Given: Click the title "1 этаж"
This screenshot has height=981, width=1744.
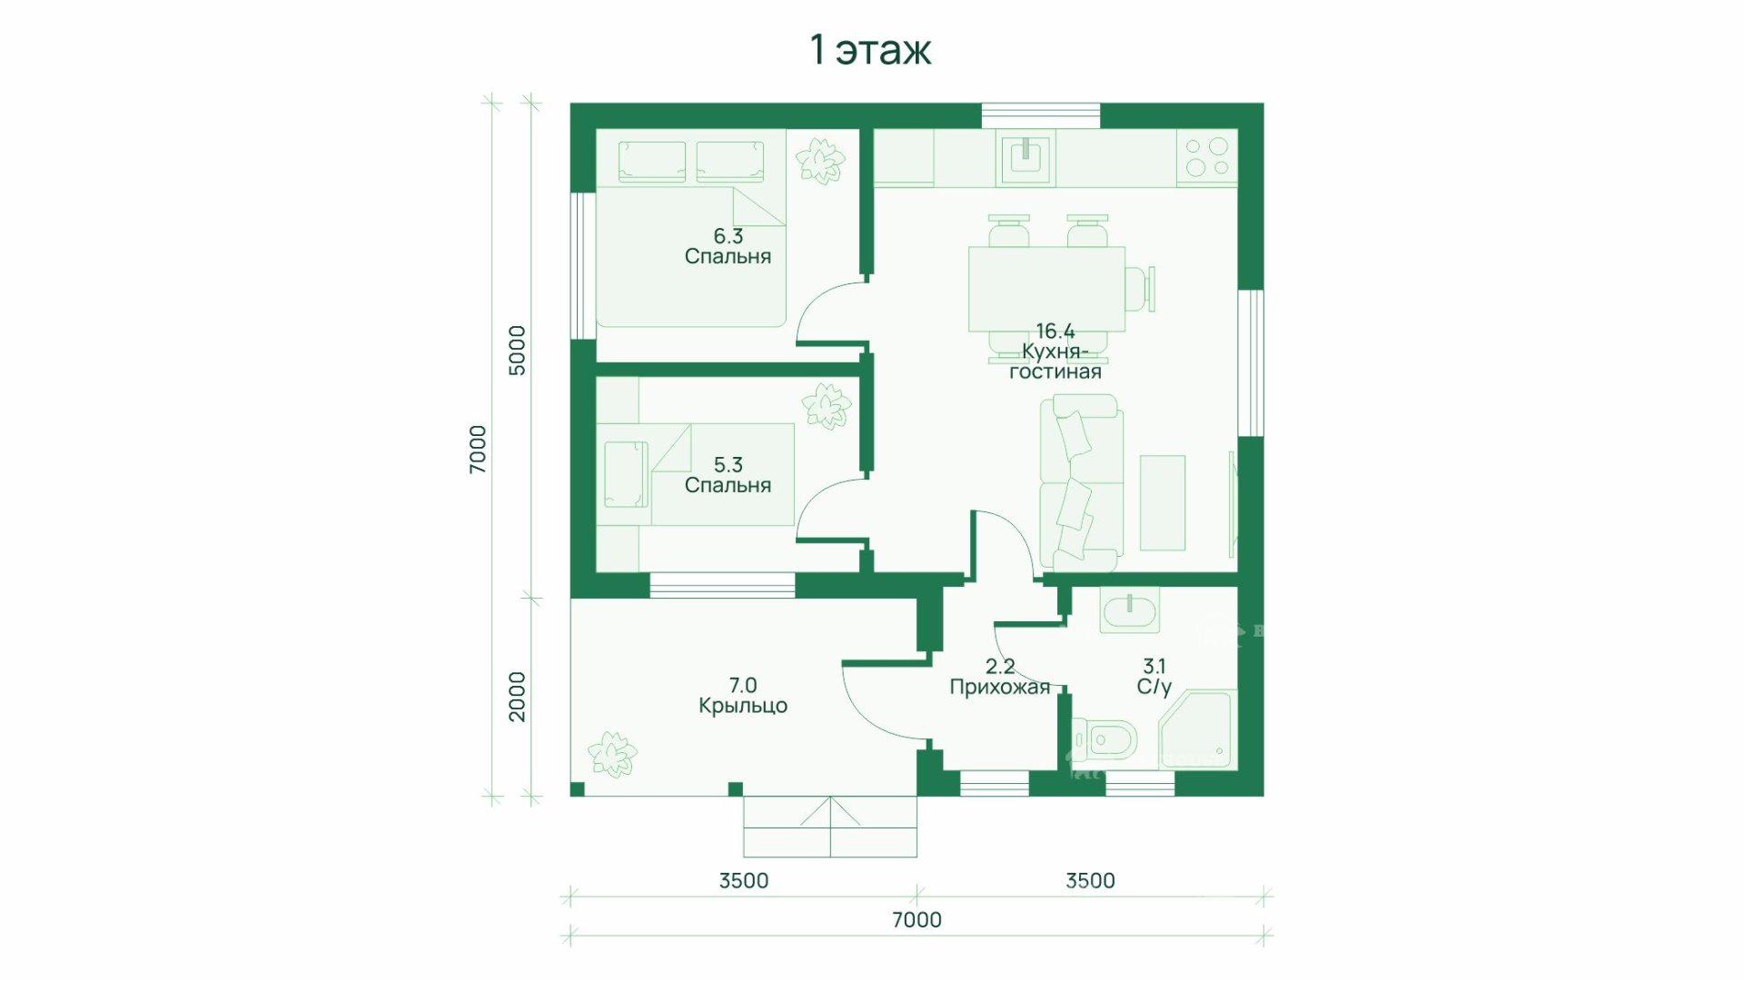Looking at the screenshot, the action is (870, 51).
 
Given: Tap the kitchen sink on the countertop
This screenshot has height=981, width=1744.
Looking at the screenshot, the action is (1025, 158).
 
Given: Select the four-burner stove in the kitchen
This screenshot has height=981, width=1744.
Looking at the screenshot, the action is (1207, 157).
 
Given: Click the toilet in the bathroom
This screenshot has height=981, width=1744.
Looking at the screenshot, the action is (1105, 739).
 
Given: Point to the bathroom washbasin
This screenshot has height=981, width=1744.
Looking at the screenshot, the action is (1129, 609).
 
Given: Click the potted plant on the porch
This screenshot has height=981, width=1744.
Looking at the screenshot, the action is (612, 754).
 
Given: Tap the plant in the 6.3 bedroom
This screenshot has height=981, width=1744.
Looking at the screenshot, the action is (820, 161).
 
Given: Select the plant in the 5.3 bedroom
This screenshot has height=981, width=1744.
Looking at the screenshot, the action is (826, 405).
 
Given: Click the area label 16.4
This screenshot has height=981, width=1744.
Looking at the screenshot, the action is (1055, 331).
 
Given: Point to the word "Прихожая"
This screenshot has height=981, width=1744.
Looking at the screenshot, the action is (999, 688).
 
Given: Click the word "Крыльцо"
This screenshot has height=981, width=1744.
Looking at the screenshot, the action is (743, 706).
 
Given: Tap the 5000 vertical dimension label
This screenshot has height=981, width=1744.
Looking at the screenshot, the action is (517, 351).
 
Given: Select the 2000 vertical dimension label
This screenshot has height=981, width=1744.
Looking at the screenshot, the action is (517, 697).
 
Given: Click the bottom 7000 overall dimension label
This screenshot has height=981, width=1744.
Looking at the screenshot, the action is (917, 920).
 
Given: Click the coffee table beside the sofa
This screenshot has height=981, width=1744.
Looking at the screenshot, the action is (1163, 502).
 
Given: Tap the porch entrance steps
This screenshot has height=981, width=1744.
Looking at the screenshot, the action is (830, 827).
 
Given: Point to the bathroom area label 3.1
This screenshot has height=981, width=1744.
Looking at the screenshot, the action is (1154, 667).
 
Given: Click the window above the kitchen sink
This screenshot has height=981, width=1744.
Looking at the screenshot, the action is (1041, 116).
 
